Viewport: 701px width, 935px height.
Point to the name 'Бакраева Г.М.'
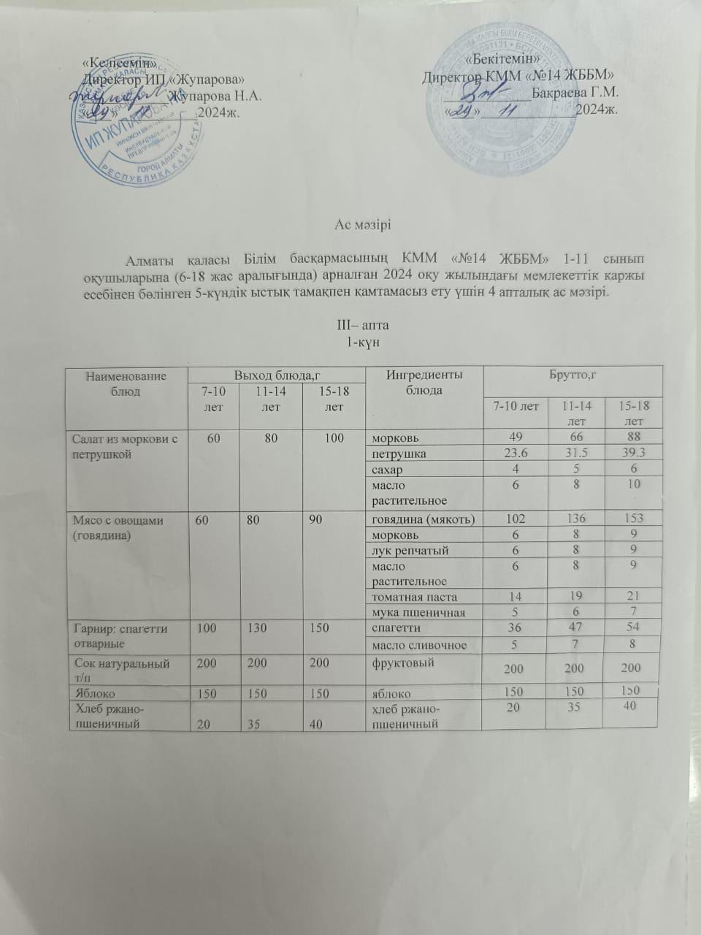(x=575, y=93)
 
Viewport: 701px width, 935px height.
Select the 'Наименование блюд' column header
(x=126, y=383)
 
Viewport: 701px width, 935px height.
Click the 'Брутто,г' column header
(x=573, y=375)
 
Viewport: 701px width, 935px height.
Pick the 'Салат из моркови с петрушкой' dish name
(x=126, y=445)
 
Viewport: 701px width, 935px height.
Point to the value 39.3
(x=632, y=454)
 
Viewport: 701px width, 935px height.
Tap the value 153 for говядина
(x=633, y=519)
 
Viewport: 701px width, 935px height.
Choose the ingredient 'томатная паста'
(x=417, y=597)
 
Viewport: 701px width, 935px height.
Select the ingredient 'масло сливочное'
(x=420, y=644)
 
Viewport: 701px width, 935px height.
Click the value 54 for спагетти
(x=633, y=628)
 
